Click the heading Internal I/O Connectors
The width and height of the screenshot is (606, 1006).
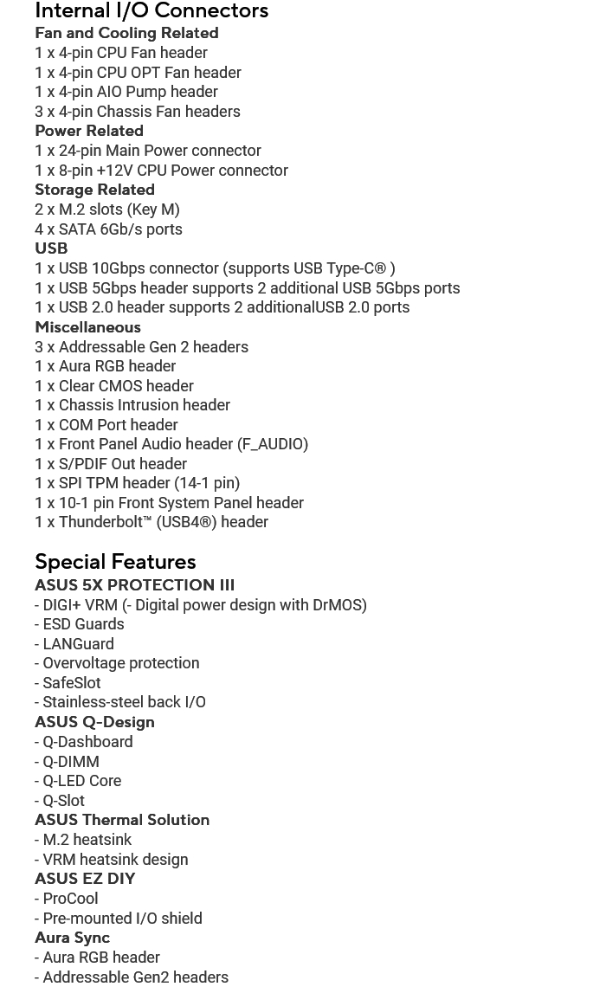click(151, 11)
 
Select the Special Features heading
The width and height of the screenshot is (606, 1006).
click(115, 562)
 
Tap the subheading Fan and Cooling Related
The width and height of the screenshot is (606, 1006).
click(126, 33)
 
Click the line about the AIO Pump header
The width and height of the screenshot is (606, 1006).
click(126, 92)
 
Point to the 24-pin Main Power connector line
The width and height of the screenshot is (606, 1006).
click(148, 151)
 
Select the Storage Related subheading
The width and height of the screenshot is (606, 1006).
click(94, 190)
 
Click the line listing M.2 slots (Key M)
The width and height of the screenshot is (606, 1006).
click(107, 210)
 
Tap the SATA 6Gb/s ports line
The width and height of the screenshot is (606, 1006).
click(108, 229)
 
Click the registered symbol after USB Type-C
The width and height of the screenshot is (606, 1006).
click(380, 268)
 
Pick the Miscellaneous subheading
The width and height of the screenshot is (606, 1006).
click(87, 327)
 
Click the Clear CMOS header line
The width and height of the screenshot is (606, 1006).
click(114, 386)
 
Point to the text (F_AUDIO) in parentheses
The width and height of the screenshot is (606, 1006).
click(272, 444)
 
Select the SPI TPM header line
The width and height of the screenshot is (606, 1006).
click(137, 483)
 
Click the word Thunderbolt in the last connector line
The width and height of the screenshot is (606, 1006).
click(100, 522)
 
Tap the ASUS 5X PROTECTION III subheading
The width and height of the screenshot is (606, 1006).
click(134, 585)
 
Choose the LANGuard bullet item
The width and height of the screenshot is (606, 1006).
click(78, 644)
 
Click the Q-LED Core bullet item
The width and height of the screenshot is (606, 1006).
click(81, 781)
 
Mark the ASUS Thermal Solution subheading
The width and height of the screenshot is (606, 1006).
click(122, 820)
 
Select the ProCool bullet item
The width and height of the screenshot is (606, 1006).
click(70, 899)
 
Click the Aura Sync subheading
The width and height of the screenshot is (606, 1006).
click(72, 938)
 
